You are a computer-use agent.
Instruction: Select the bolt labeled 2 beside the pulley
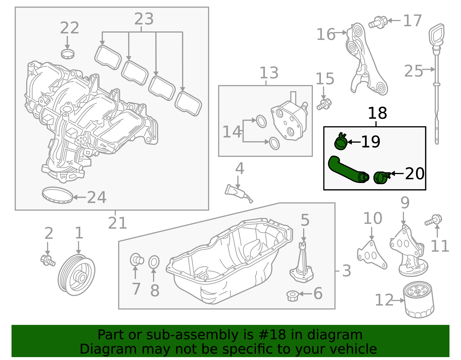pos(48,260)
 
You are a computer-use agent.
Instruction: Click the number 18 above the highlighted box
pos(377,113)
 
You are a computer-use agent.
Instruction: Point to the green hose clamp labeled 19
pos(341,142)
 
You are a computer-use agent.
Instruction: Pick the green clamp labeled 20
pos(381,177)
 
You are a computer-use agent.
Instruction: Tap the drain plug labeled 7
pos(136,259)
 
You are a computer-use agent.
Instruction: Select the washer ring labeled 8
pos(154,262)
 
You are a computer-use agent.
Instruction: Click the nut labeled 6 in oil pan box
pos(292,296)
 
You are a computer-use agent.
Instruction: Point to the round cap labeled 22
pos(68,54)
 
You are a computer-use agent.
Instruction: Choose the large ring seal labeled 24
pos(57,195)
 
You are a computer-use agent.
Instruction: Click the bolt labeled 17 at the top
pos(378,22)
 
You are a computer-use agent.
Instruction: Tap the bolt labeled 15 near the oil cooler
pos(324,104)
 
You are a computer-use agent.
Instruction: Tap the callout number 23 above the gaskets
pos(144,19)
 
